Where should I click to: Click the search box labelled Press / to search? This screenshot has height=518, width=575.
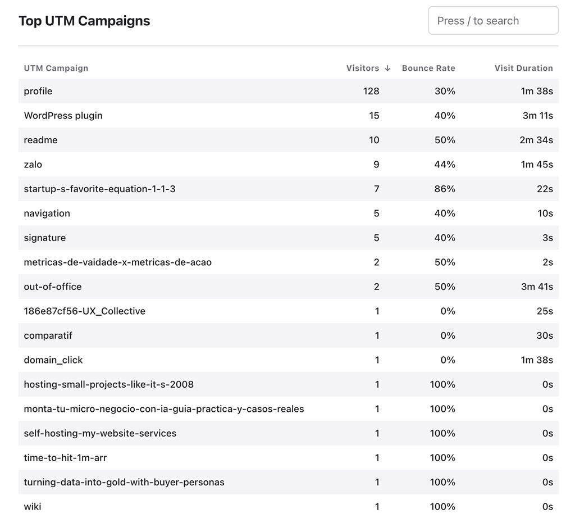[x=493, y=21]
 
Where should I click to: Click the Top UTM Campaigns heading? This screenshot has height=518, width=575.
[x=84, y=21]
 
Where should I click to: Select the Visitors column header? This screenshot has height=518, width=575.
[x=362, y=68]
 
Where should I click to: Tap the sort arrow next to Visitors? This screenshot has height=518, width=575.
[x=387, y=68]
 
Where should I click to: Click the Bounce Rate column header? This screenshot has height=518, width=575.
[x=428, y=68]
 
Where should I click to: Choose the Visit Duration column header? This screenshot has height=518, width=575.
[x=523, y=68]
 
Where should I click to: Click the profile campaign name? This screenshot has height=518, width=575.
[x=38, y=91]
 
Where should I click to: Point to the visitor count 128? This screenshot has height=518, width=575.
[x=371, y=91]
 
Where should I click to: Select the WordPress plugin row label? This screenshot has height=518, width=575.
[x=63, y=116]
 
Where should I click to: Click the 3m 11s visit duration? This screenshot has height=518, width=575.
[x=537, y=116]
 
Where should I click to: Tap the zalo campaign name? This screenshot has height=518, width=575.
[x=33, y=165]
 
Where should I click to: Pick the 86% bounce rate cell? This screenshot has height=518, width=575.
[x=444, y=189]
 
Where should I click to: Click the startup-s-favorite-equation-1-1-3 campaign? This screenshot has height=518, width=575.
[x=99, y=189]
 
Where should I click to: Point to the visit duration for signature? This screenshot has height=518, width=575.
[x=547, y=238]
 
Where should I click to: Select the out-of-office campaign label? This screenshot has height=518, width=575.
[x=53, y=287]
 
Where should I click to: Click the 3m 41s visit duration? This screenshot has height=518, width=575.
[x=537, y=287]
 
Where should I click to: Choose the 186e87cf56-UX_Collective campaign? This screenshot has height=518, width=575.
[x=84, y=311]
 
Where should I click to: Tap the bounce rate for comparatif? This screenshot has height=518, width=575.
[x=448, y=335]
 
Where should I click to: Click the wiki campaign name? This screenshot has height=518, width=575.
[x=32, y=507]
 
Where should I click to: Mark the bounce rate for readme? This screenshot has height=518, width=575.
[x=444, y=140]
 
